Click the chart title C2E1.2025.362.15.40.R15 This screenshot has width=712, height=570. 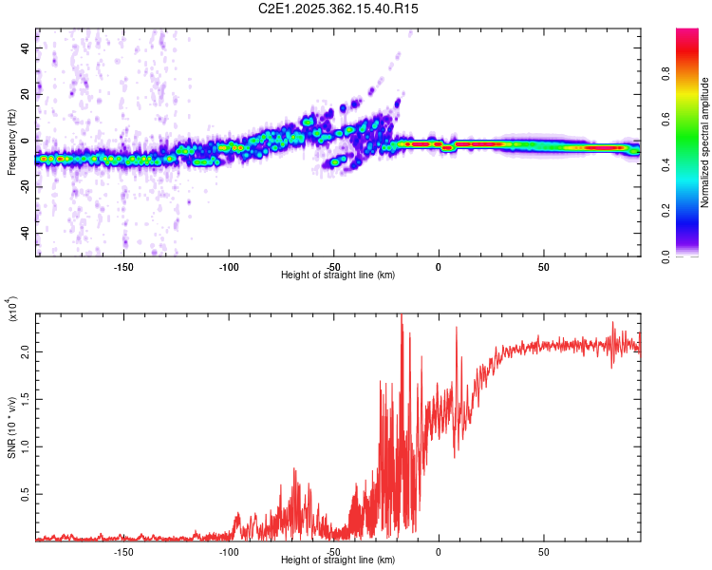pyautogui.click(x=338, y=9)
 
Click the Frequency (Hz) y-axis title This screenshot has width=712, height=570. pyautogui.click(x=12, y=142)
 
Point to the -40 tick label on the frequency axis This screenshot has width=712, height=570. pyautogui.click(x=24, y=233)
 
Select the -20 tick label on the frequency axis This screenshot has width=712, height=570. pyautogui.click(x=24, y=186)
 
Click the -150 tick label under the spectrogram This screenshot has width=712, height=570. pyautogui.click(x=122, y=267)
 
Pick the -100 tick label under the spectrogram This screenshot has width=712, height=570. pyautogui.click(x=228, y=267)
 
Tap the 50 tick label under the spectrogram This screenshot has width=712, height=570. pyautogui.click(x=543, y=267)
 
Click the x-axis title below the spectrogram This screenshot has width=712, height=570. pyautogui.click(x=338, y=275)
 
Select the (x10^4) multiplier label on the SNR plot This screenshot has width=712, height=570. pyautogui.click(x=13, y=310)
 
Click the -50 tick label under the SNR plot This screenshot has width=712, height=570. pyautogui.click(x=333, y=552)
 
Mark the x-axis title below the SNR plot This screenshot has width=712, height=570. pyautogui.click(x=338, y=560)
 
